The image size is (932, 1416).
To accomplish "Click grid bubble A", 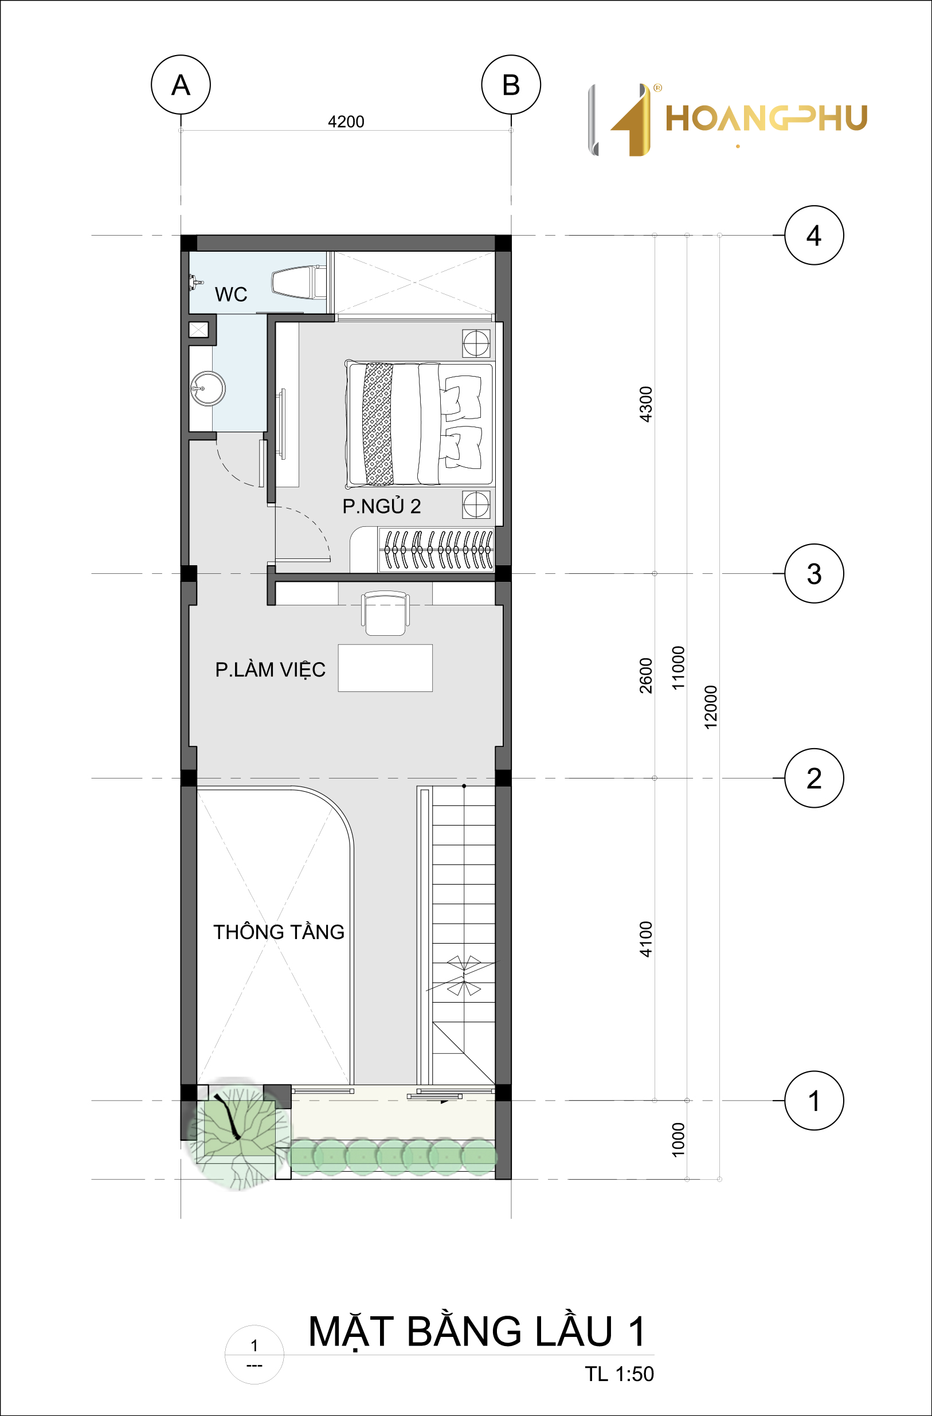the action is [181, 84].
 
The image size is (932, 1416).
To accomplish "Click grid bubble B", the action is [511, 84].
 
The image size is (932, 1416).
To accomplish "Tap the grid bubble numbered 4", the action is [814, 235].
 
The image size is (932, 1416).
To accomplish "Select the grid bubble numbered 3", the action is [814, 573].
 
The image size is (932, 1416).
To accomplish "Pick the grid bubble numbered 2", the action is [814, 778].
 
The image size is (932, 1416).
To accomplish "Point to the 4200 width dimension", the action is [346, 122].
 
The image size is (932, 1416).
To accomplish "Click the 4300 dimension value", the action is [646, 404].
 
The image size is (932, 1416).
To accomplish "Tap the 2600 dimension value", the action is [646, 675].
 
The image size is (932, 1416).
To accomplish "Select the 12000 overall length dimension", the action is [711, 707].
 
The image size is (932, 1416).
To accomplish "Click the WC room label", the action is [231, 295].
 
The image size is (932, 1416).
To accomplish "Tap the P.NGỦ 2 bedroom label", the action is [381, 506].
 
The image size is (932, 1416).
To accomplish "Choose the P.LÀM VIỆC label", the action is [270, 670].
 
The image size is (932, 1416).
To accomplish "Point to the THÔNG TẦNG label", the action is [279, 932].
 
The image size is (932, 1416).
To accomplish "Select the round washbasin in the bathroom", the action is [207, 389].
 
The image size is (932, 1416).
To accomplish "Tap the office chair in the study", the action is [385, 613].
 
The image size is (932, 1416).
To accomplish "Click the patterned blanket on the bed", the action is [378, 424].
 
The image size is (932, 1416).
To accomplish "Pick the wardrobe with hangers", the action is [436, 550].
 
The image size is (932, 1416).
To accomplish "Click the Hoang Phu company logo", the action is [727, 119].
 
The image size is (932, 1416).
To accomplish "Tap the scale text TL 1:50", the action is [619, 1374].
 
